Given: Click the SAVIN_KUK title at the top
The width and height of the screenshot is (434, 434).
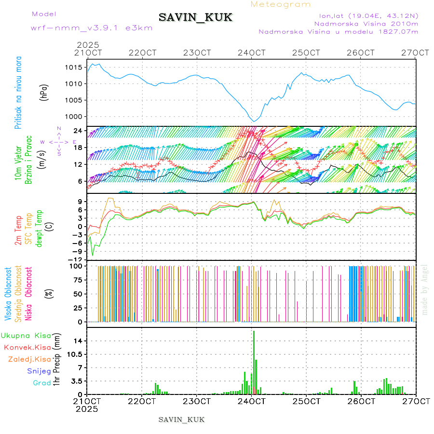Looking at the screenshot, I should coord(195,18).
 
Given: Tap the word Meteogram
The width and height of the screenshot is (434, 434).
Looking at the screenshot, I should coord(281,4).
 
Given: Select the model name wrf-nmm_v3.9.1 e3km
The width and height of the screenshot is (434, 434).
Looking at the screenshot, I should coord(92,27).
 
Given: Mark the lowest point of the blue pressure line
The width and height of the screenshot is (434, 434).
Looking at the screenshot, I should coord(254,122).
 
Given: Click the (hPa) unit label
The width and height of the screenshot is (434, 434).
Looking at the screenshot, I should coord(44,92).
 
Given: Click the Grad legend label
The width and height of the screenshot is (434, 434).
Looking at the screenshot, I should coord(42,383).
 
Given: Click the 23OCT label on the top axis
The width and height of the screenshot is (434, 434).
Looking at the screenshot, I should coord(197,53).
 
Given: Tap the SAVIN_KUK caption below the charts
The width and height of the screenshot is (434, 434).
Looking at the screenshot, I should coord(182,420).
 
